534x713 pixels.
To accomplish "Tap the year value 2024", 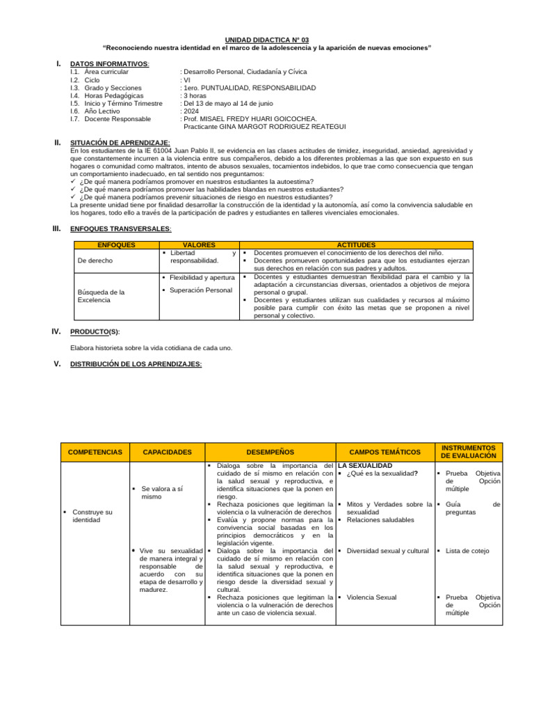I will [192, 111].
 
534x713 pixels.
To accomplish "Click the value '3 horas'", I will [195, 95].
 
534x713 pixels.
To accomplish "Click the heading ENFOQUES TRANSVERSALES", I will [120, 228].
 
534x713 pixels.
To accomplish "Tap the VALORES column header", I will [198, 245].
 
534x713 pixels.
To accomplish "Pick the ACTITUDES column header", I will [356, 245].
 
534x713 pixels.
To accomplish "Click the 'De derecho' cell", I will [95, 260].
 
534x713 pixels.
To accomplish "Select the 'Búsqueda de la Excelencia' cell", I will [102, 296].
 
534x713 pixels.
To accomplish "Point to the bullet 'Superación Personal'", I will [200, 290].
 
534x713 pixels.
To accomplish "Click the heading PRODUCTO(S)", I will [99, 331].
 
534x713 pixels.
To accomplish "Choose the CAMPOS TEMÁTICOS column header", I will [385, 452].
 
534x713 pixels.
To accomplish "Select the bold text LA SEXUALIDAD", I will [365, 465].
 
